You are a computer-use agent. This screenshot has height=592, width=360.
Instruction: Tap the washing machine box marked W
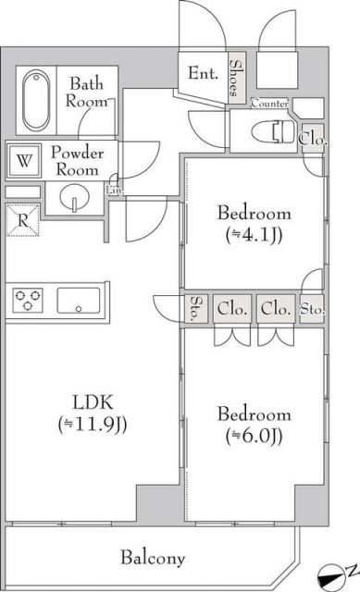click(24, 162)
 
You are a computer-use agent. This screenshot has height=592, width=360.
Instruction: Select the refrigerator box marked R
click(23, 221)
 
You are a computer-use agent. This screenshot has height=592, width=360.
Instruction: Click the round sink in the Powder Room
click(75, 198)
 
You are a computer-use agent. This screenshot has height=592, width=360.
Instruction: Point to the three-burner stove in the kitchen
click(29, 301)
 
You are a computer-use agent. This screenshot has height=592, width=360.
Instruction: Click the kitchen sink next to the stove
click(80, 301)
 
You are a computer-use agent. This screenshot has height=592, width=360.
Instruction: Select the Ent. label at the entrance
click(202, 73)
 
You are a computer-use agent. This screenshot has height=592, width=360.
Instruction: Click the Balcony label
click(153, 558)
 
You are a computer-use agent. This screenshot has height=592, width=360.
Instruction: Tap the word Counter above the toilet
click(268, 104)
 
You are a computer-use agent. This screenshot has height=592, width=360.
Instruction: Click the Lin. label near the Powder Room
click(113, 189)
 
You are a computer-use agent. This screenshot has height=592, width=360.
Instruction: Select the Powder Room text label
click(77, 161)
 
